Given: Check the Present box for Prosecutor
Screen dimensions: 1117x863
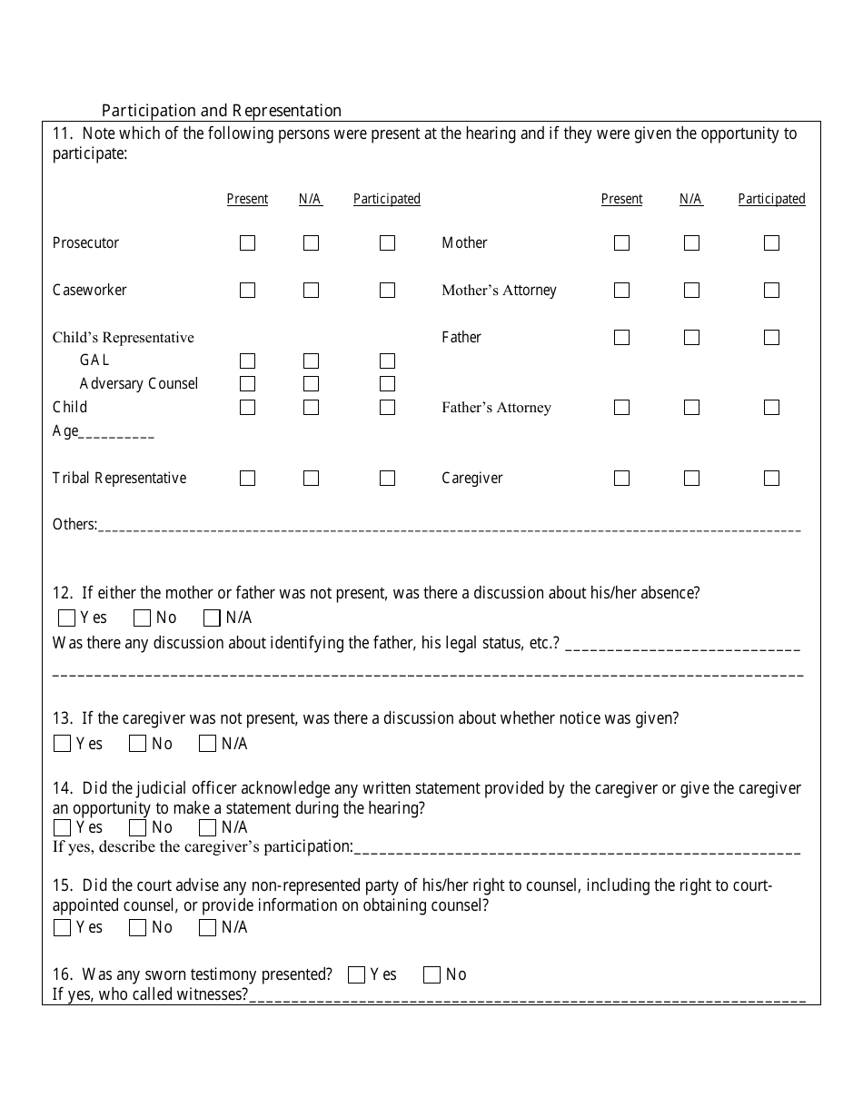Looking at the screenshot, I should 247,243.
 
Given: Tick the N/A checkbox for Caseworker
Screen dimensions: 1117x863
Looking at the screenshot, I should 311,291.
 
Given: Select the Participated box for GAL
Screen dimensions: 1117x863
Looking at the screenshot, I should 387,361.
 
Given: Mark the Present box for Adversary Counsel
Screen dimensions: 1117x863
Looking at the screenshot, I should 247,384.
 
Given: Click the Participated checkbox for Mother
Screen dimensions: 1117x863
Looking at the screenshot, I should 771,243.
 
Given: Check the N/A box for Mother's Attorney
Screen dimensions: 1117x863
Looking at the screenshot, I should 691,291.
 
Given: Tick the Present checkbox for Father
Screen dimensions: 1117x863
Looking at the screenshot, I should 621,338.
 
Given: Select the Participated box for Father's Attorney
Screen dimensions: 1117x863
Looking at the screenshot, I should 771,408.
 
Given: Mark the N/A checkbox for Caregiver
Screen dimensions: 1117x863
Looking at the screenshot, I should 691,479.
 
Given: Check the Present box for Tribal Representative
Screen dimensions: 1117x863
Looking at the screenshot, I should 247,479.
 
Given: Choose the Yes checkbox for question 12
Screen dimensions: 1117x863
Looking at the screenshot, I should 66,618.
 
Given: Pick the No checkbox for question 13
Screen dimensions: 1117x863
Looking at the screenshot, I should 138,745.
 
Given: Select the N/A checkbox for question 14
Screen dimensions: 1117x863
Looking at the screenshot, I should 208,828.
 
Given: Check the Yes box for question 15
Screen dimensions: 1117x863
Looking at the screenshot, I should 63,928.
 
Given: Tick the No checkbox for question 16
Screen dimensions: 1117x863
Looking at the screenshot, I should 432,975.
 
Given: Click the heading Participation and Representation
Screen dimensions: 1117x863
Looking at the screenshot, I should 222,111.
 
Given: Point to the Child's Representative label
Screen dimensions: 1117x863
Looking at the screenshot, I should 124,338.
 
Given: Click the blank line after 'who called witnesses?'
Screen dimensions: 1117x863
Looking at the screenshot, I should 527,996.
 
